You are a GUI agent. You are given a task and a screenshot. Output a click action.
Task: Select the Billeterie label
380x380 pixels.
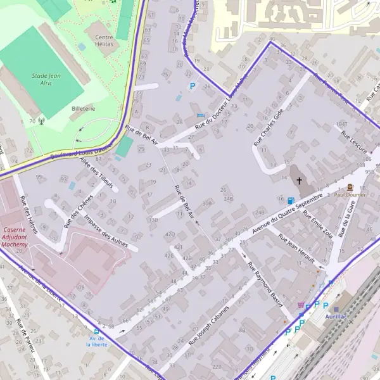click(83, 109)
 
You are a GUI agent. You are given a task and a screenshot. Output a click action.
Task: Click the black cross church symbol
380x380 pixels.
click(300, 180)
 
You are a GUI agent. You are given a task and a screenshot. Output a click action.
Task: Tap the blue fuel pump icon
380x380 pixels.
click(290, 201)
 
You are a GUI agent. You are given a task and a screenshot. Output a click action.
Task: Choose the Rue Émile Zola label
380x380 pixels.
click(317, 224)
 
